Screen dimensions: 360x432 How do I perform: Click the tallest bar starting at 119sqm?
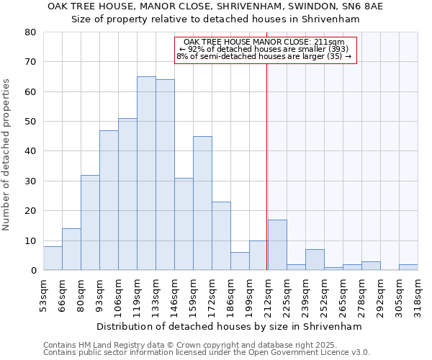coord(146,173)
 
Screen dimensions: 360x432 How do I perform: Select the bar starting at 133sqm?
coord(165,174)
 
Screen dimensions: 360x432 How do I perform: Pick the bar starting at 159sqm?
coord(202,203)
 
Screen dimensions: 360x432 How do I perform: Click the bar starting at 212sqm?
coord(277,245)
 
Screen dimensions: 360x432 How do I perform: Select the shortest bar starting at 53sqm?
coord(53,258)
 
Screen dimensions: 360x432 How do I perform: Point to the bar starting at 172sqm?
coord(221,235)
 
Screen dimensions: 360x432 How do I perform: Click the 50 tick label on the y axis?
coord(31,122)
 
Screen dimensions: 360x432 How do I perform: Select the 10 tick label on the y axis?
coord(31,240)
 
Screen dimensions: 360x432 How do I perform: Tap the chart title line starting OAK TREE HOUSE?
coord(215,6)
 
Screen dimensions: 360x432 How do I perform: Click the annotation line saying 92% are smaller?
coord(264,49)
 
